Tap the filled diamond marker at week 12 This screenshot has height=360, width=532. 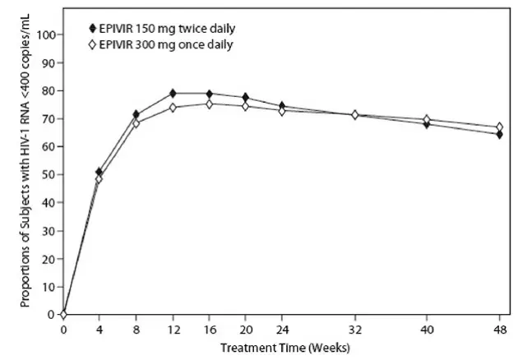coord(173,93)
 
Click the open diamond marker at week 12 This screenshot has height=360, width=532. coord(173,108)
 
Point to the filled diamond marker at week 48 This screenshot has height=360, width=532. coord(499,134)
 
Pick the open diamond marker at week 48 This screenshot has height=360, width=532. coord(499,127)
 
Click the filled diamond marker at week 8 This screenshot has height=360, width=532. coord(136,114)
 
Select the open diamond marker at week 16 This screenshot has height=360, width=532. coord(209,104)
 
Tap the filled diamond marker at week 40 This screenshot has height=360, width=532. coord(427,124)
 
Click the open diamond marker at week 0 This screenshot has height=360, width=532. coord(63,314)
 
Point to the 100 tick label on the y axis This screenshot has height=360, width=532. coord(46,35)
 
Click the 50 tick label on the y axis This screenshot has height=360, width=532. coord(49,174)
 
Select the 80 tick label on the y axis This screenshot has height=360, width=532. coord(49,90)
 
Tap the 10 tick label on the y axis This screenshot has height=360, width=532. coord(49,286)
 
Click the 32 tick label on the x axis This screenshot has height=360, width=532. coord(354,330)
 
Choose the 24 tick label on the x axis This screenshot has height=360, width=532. coord(281,330)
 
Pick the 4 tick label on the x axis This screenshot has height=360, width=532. coord(100,330)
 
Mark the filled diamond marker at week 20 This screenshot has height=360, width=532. coord(245,98)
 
